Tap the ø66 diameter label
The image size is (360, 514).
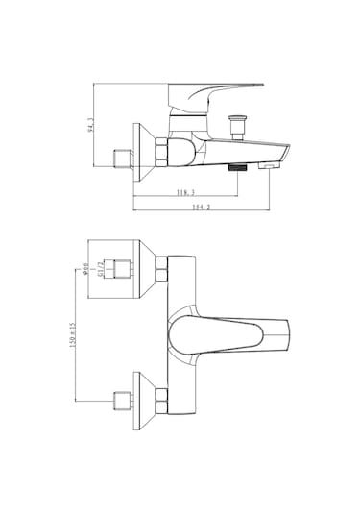point(85,270)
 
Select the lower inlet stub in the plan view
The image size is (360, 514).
point(122,400)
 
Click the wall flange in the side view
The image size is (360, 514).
point(142,152)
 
